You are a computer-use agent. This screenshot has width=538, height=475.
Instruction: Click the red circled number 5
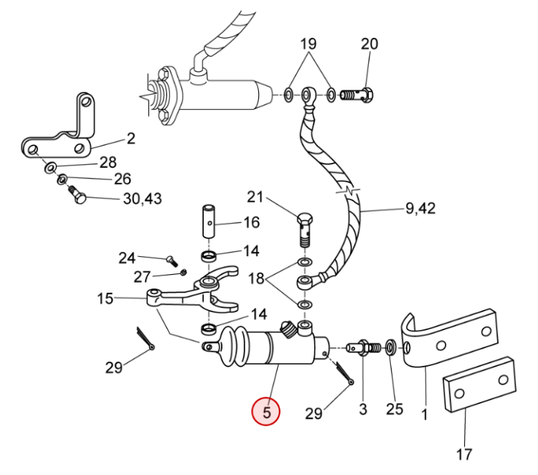coord(266,411)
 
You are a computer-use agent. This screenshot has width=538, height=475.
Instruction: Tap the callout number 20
coord(369,44)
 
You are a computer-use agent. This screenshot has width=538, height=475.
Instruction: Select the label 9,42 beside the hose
coord(420,208)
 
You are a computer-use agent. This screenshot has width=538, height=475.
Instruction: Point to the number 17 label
coord(464,454)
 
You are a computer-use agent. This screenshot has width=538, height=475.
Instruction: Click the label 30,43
coord(142,199)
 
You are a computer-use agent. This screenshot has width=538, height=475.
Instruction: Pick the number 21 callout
coord(255,197)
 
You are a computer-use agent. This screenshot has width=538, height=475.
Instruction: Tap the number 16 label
coord(252,222)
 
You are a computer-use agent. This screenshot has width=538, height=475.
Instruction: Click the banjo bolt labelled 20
coord(357,95)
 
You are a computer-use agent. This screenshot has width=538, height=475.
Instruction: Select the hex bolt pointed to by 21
coord(305,230)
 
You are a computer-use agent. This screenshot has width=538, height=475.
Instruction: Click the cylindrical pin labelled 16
coord(209,222)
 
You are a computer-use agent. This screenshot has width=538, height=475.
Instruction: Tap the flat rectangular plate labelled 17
coord(480,383)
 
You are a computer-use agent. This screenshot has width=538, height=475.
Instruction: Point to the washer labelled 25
coord(391,348)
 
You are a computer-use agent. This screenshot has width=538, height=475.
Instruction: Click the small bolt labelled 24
coord(172,261)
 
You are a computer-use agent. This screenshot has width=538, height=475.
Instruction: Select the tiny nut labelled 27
coord(184,273)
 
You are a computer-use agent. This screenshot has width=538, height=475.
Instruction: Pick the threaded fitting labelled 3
coord(364,348)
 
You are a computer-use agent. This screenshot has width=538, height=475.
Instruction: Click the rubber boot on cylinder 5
coord(233,347)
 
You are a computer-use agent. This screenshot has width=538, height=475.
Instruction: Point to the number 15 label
coord(105,298)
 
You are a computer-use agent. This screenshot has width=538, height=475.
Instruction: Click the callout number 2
coord(131,138)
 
